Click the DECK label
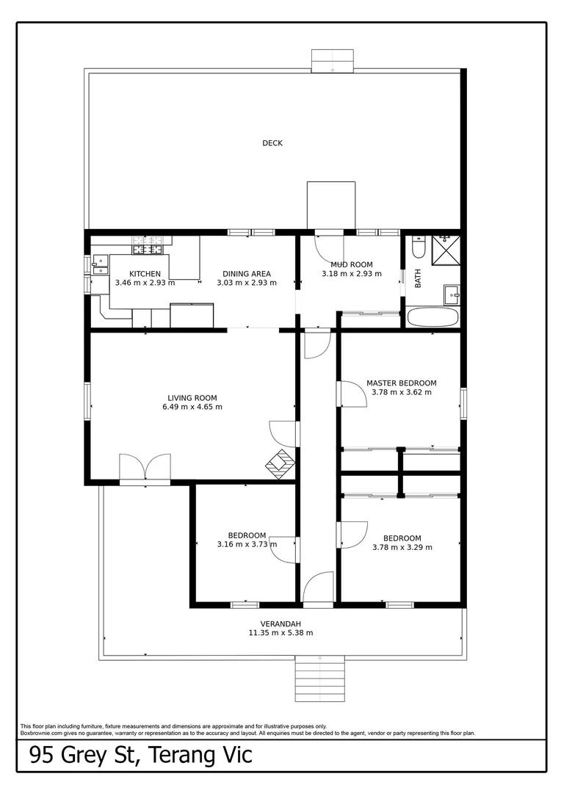272,143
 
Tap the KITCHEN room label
145,274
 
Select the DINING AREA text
247,274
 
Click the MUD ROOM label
351,264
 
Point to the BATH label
419,278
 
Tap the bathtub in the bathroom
432,318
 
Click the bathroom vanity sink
452,295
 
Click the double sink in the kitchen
100,264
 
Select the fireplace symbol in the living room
280,463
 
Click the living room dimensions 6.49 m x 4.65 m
192,407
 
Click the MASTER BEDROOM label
401,383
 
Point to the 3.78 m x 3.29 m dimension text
402,547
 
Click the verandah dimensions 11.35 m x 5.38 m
280,633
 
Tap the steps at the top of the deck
333,60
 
